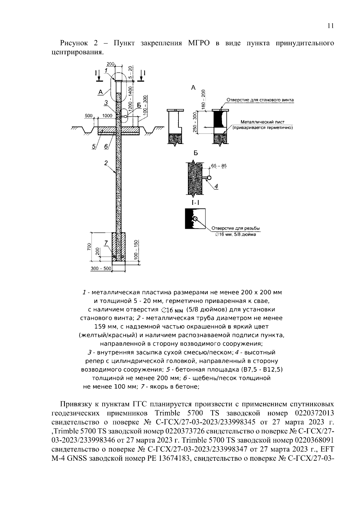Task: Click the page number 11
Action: click(x=330, y=26)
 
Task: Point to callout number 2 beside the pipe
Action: click(x=106, y=163)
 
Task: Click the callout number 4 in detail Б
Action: click(x=216, y=186)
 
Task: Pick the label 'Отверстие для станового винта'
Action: click(x=260, y=100)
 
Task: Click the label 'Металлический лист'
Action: click(x=262, y=122)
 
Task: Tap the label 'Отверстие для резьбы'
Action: click(x=235, y=229)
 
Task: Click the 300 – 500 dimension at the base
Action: click(x=101, y=269)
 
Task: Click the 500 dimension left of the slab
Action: click(x=88, y=115)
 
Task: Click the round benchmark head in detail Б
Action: click(x=209, y=178)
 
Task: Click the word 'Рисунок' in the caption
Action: click(x=73, y=43)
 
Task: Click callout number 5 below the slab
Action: click(x=94, y=146)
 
